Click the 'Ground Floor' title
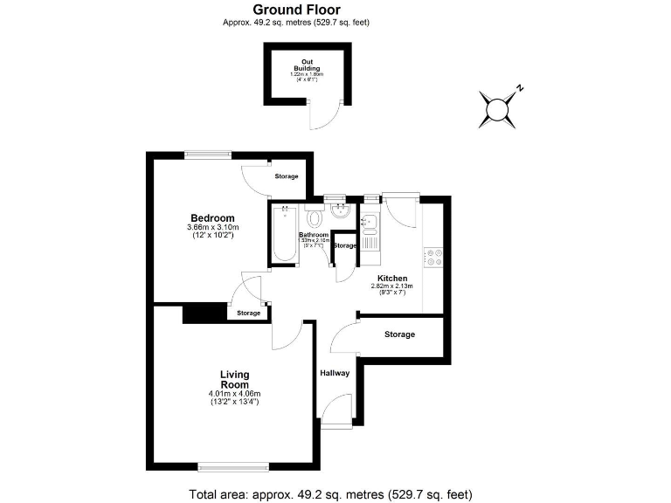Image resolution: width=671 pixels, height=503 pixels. [296, 10]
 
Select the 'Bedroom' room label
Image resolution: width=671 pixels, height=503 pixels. [212, 218]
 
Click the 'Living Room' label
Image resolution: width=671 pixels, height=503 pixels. [234, 380]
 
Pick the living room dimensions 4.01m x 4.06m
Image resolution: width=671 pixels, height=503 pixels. [234, 398]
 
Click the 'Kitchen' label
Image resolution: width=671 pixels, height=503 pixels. [391, 278]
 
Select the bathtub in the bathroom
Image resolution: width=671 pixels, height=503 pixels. [283, 233]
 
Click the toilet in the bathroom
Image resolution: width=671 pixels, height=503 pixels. [315, 217]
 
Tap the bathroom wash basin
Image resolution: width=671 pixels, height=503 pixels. [340, 211]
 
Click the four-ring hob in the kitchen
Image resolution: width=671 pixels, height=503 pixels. [432, 257]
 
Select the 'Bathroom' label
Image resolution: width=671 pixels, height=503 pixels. [314, 235]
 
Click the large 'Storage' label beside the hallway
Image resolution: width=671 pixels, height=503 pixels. [399, 334]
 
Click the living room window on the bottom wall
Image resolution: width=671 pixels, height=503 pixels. [233, 465]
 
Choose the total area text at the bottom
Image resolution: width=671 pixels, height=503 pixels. [330, 494]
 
